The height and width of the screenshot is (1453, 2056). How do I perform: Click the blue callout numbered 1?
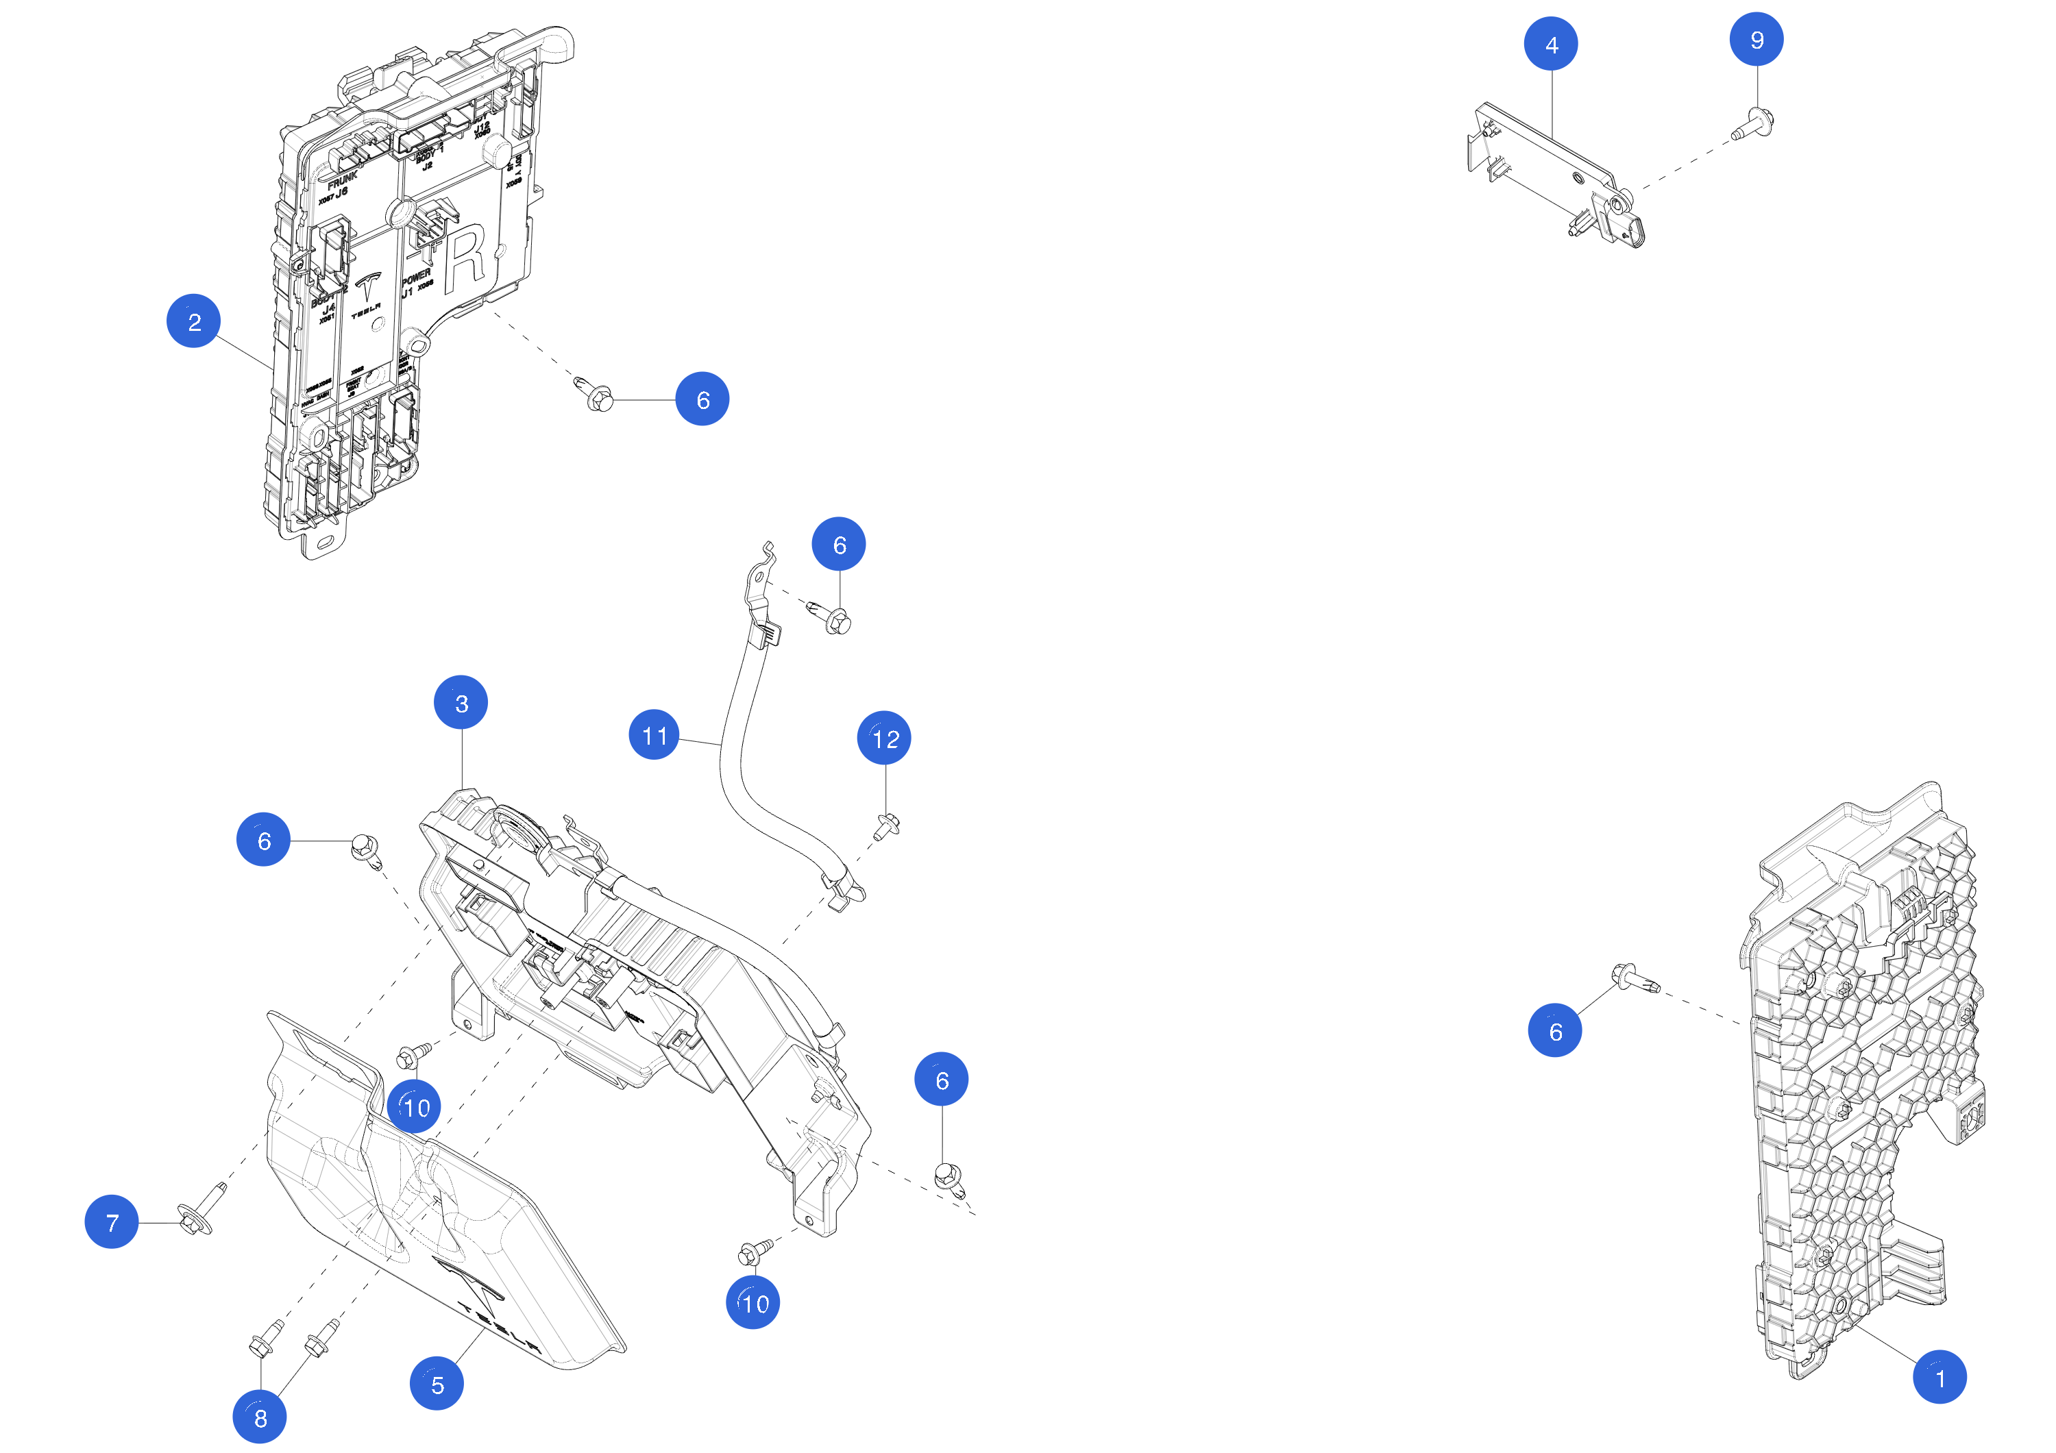click(x=1939, y=1377)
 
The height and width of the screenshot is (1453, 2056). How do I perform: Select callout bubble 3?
click(x=461, y=703)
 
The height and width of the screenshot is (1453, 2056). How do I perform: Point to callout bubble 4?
click(x=1551, y=44)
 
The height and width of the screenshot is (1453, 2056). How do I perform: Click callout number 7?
click(x=111, y=1221)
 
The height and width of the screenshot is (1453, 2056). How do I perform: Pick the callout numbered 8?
click(x=260, y=1416)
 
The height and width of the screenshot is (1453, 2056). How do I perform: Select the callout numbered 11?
click(x=654, y=735)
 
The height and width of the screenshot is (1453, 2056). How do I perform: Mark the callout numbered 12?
click(x=884, y=738)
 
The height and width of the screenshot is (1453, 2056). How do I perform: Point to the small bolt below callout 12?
click(x=887, y=825)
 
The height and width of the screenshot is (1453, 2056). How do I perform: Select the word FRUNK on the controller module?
click(x=342, y=177)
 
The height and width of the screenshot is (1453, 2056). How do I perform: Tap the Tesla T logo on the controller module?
click(x=367, y=288)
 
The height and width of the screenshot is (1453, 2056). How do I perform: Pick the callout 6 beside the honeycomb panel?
click(x=1554, y=1030)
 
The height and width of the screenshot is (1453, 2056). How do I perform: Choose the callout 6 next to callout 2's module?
click(x=702, y=399)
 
